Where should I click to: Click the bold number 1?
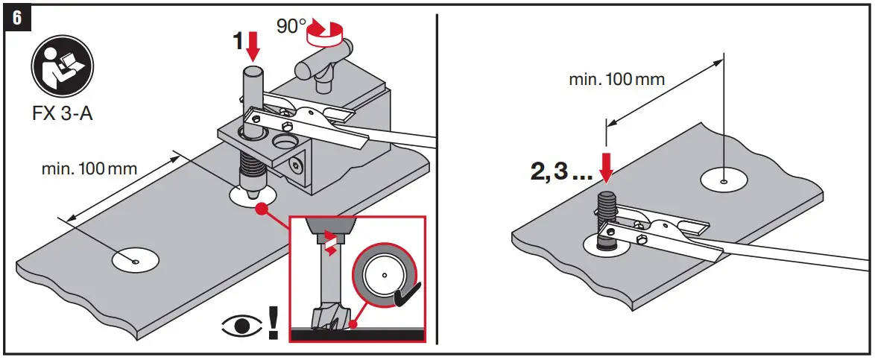pyautogui.click(x=238, y=42)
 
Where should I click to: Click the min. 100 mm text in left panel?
pyautogui.click(x=89, y=168)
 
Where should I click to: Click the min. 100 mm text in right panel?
pyautogui.click(x=616, y=78)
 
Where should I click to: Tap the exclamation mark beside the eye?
pyautogui.click(x=273, y=321)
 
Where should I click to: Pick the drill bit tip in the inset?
pyautogui.click(x=330, y=318)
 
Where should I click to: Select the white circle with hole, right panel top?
pyautogui.click(x=725, y=180)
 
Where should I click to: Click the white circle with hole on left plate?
pyautogui.click(x=135, y=260)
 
